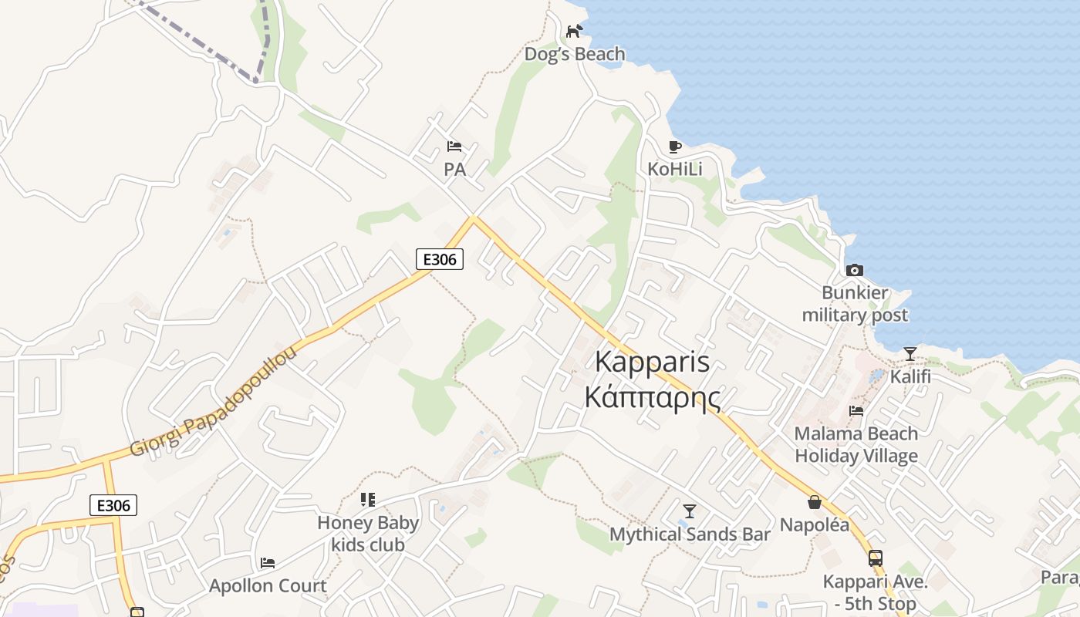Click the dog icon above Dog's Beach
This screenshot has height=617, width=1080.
574,31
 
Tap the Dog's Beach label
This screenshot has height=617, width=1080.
575,54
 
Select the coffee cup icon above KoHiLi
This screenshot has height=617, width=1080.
675,147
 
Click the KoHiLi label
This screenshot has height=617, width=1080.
675,169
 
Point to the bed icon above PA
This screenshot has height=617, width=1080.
454,147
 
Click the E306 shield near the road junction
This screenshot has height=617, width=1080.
440,259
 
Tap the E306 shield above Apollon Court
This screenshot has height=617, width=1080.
113,505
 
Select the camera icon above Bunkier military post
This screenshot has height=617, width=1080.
854,270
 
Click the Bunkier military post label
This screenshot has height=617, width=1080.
855,304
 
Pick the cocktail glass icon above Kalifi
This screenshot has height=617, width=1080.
910,354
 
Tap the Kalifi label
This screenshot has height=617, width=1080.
910,377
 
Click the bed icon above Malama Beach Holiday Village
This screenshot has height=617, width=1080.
856,411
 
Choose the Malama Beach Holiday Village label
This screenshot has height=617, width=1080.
856,444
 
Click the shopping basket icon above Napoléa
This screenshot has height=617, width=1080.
814,502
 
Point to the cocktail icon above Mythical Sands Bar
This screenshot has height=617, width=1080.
690,511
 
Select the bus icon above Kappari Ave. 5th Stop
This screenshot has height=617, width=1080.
875,558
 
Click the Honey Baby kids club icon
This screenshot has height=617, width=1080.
368,500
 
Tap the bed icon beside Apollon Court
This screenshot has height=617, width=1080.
268,563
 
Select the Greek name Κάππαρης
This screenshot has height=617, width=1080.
653,398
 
